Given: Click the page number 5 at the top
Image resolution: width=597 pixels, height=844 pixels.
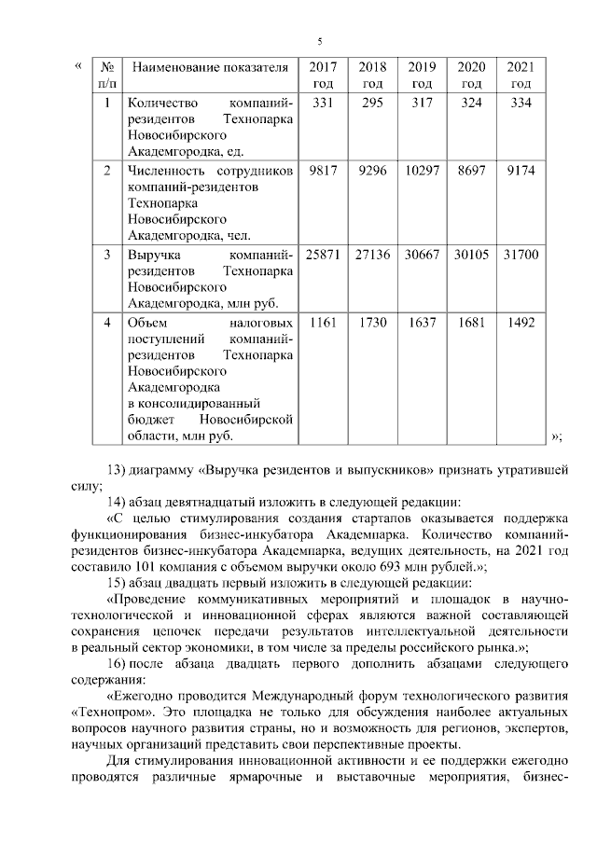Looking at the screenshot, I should click(x=319, y=42).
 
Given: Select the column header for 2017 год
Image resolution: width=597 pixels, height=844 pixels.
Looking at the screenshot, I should click(x=323, y=75).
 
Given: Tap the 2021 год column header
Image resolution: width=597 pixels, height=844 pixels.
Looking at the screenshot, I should click(x=521, y=75).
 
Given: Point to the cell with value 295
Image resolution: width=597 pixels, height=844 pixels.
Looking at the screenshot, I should click(x=372, y=103).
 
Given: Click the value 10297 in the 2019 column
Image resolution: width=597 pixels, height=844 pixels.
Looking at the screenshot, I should click(x=422, y=172).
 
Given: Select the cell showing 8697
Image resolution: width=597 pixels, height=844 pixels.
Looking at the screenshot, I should click(x=471, y=172).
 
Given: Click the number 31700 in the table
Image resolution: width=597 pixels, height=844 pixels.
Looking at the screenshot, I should click(x=521, y=255).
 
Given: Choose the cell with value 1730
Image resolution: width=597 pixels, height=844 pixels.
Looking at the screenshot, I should click(x=372, y=323).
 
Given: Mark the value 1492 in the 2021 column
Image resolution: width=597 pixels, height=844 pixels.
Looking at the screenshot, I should click(x=521, y=323).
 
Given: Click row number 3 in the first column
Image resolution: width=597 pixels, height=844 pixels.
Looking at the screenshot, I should click(x=107, y=255).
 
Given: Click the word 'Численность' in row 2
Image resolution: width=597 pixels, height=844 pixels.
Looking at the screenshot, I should click(x=166, y=172).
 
